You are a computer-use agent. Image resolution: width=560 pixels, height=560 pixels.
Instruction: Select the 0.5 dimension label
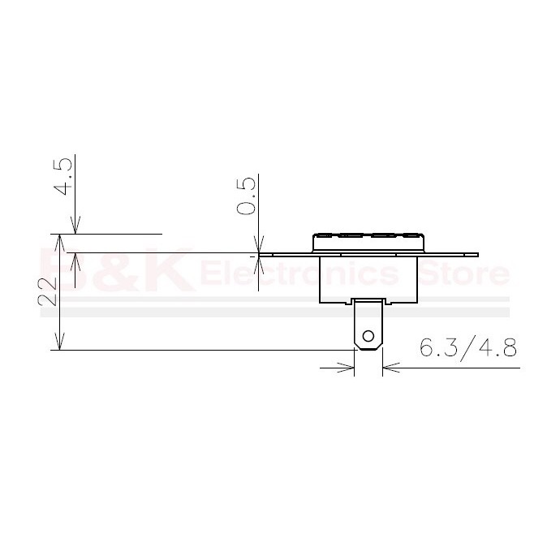247,196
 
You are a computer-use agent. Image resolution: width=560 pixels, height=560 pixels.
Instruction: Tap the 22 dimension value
48,291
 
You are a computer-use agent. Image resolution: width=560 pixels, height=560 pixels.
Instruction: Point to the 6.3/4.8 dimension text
467,347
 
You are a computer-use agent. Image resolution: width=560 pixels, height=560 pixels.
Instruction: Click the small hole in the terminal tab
368,336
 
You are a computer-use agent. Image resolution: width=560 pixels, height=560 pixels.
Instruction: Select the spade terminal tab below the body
368,325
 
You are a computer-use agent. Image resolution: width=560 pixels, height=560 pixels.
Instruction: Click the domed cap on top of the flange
368,242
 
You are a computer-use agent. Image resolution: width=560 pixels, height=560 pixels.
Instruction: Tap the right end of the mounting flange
477,255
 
